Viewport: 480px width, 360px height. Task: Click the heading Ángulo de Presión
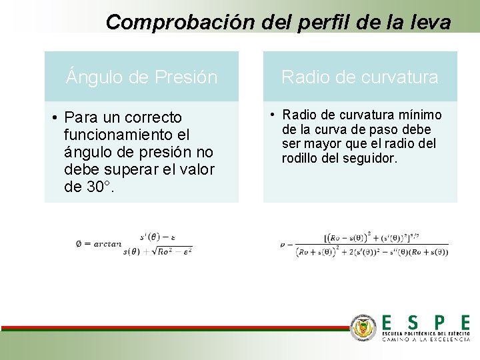click(x=141, y=77)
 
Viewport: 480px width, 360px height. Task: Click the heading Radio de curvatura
click(x=360, y=77)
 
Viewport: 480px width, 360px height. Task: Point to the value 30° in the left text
click(x=99, y=187)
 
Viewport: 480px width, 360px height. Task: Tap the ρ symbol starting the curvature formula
click(x=283, y=245)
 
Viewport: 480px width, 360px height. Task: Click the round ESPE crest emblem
click(x=364, y=327)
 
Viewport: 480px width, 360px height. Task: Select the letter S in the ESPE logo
click(x=413, y=323)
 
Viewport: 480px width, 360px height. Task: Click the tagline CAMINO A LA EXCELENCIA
click(x=426, y=339)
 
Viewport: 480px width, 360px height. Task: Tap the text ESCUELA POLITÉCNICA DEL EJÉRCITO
click(x=426, y=333)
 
